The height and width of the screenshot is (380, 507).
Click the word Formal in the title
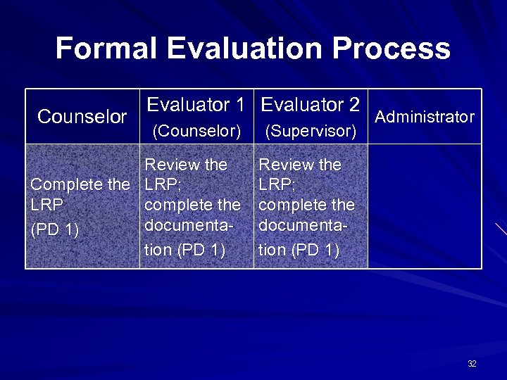[x=107, y=49]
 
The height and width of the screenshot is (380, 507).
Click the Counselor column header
[x=82, y=117]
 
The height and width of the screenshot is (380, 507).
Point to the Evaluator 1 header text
[x=195, y=106]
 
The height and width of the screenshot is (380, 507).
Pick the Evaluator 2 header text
[x=311, y=106]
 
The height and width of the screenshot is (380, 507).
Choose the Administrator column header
[x=425, y=117]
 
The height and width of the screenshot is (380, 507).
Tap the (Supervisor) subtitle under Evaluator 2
[x=311, y=131]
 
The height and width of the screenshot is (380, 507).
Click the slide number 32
[x=472, y=364]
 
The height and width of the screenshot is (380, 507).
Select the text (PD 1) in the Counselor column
[x=54, y=229]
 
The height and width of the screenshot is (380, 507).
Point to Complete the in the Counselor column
[x=80, y=185]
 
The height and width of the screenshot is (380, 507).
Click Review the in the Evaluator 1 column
[x=186, y=165]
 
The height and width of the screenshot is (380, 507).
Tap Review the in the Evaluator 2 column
[x=300, y=165]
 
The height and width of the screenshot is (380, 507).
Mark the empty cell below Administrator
[x=425, y=206]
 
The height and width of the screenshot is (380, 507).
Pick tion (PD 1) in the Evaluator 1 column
[x=184, y=250]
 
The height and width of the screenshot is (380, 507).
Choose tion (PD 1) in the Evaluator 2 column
[x=299, y=250]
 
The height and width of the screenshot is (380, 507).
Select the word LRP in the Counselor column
[x=47, y=205]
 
